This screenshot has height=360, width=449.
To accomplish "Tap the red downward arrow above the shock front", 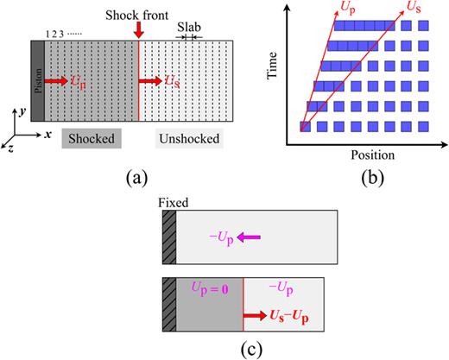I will click(138, 31).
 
